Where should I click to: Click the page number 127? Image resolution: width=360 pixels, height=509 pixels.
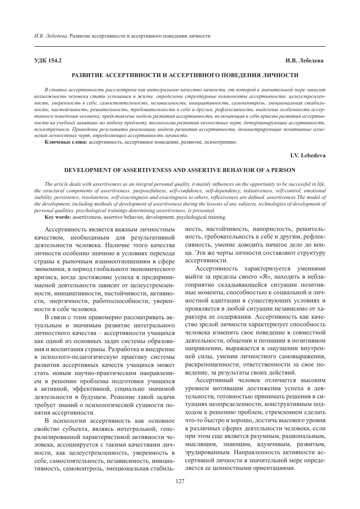179,481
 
